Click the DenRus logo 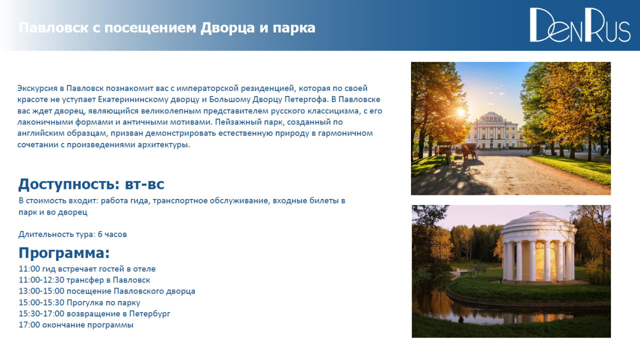pos(579,25)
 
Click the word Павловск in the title pos(53,28)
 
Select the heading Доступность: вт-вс pos(91,184)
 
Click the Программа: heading pos(64,253)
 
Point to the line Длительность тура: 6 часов pos(72,234)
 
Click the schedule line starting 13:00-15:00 pos(107,291)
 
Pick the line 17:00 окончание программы pos(76,325)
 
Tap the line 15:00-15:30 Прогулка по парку pos(79,302)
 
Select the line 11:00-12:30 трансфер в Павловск pos(84,280)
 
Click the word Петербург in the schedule pos(149,313)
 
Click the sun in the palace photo pos(460,112)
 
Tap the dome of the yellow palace pos(491,116)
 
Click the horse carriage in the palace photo pos(468,150)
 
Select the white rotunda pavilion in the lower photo pos(538,247)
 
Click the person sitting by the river pos(461,319)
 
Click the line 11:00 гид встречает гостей pos(87,269)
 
